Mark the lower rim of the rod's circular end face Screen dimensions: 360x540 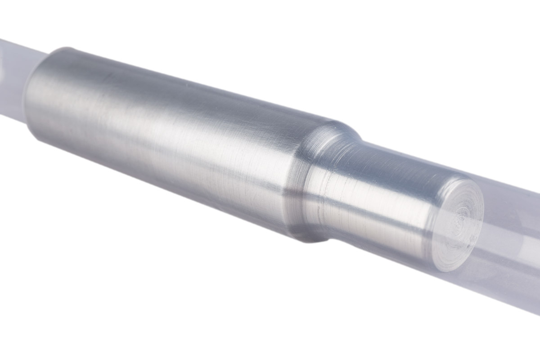point(450,265)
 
